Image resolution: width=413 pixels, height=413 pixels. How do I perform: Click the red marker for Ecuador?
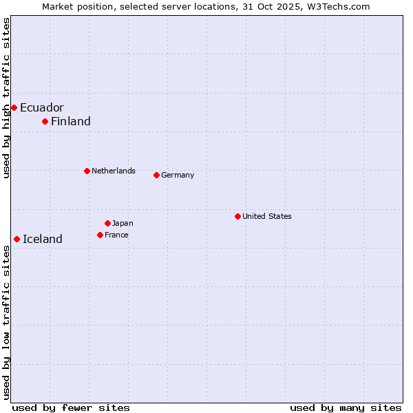[x=14, y=107]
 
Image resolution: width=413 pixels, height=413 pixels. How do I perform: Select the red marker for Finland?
[x=45, y=121]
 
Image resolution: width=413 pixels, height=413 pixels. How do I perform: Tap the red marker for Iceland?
[x=17, y=239]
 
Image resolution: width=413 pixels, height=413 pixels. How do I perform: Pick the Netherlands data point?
[x=87, y=171]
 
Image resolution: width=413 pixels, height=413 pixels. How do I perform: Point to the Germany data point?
[x=156, y=175]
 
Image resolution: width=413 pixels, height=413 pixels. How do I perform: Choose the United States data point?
[x=237, y=216]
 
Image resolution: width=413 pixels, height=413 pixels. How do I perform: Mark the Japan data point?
[x=107, y=223]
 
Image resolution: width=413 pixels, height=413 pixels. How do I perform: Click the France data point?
[x=100, y=235]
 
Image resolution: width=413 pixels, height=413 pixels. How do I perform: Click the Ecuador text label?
[x=42, y=107]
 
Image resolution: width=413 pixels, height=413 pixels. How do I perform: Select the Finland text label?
[x=71, y=122]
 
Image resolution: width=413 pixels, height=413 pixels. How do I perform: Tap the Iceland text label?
[x=43, y=240]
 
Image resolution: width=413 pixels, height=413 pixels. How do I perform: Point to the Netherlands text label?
[x=114, y=171]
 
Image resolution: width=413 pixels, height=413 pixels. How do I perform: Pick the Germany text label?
[x=178, y=175]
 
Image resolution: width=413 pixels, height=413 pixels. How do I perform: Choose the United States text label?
[x=267, y=216]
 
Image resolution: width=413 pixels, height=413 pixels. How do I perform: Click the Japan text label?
[x=123, y=223]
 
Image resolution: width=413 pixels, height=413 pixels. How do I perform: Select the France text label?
[x=116, y=235]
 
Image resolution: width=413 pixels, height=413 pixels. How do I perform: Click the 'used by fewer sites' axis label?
[x=71, y=407]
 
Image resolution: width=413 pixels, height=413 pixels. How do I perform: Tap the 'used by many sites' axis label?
[x=346, y=407]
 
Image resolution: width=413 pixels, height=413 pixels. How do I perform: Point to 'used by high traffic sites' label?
[x=7, y=98]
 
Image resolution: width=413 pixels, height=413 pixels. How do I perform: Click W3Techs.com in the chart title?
[x=337, y=6]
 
